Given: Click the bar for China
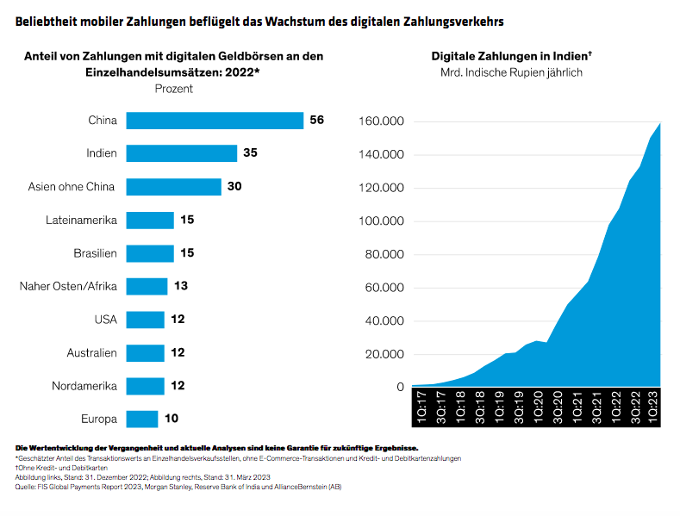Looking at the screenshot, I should (215, 121).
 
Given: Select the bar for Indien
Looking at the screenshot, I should (182, 153).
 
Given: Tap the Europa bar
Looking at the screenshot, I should (142, 419).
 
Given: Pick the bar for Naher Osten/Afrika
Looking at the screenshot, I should (147, 286).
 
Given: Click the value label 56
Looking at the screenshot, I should (316, 121).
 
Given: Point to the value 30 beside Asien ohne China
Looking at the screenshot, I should (234, 186).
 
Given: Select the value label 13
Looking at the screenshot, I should (181, 286).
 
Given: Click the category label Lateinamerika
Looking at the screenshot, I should (81, 221).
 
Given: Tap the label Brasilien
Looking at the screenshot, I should (94, 253).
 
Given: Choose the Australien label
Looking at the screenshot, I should (91, 353).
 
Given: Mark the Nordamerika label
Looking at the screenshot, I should (85, 386).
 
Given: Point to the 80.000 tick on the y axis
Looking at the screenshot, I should (383, 254).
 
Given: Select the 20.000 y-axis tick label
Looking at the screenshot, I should (383, 354).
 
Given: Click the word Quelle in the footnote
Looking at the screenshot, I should (28, 487).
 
